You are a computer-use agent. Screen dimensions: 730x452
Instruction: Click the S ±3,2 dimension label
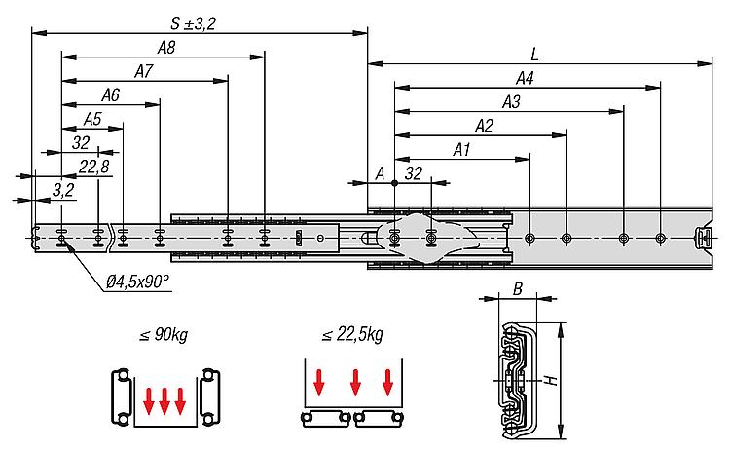[x=193, y=23]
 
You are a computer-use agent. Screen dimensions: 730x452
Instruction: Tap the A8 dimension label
[x=166, y=48]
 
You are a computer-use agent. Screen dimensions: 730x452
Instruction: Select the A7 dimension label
[x=143, y=71]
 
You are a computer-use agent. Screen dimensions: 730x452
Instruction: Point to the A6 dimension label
[x=110, y=95]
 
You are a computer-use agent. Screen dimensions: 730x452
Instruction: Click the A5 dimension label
[x=92, y=119]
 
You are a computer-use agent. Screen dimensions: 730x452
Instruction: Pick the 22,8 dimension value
[x=94, y=167]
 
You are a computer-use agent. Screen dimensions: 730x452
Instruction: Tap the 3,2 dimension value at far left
[x=63, y=190]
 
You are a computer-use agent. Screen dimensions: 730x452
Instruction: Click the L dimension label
[x=534, y=55]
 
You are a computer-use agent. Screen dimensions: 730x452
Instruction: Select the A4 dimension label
[x=525, y=78]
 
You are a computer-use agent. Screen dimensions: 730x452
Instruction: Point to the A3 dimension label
[x=511, y=102]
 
